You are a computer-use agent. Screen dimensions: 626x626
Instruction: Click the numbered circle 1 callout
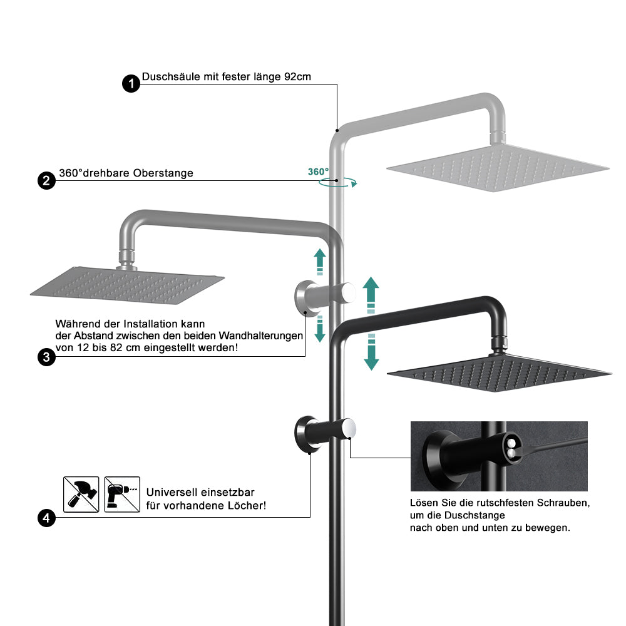click(x=131, y=84)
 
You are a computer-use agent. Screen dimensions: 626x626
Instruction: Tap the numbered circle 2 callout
click(x=46, y=181)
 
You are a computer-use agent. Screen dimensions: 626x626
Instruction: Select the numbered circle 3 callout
click(x=46, y=357)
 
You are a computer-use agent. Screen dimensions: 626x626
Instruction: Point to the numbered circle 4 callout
click(x=46, y=518)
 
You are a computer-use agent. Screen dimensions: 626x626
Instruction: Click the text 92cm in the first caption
click(x=297, y=78)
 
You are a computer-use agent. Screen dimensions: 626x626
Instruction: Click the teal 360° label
click(x=318, y=172)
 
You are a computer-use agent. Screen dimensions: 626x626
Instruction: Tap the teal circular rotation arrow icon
click(x=337, y=182)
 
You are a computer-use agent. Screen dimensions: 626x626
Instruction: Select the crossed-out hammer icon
click(x=81, y=495)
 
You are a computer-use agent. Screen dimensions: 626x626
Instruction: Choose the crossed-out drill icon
click(x=122, y=495)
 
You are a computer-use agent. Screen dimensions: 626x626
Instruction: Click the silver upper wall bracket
click(x=322, y=294)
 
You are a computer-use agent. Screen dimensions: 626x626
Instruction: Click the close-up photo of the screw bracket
click(x=499, y=456)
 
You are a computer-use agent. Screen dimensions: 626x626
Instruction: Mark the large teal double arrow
click(x=371, y=322)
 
